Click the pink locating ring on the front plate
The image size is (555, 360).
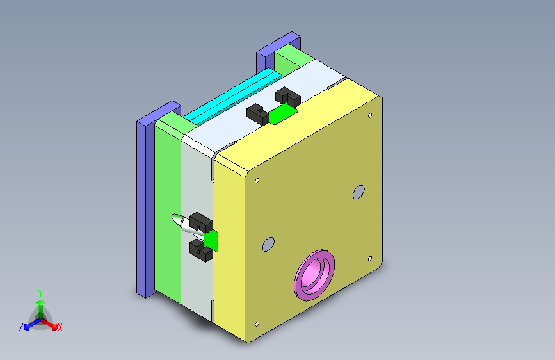point(314,275)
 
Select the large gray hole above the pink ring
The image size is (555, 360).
point(358,192)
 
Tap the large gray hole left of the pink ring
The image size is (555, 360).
point(268,244)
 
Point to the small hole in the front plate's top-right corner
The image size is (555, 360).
point(370,115)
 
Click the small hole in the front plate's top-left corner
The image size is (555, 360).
point(257,181)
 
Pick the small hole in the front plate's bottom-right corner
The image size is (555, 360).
point(370,259)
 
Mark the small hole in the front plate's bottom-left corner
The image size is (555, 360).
point(257,324)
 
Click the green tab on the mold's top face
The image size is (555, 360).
point(283,114)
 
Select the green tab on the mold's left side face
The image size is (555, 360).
point(211,240)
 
